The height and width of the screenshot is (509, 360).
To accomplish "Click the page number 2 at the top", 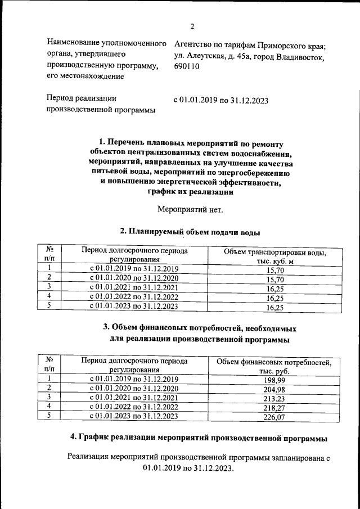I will (x=192, y=26).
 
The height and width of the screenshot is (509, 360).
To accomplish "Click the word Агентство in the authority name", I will (x=197, y=44).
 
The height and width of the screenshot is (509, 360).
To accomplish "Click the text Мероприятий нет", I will (x=190, y=210).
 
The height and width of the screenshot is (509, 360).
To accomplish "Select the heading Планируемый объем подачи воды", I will (x=190, y=232).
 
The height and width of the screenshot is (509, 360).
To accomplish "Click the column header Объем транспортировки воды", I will (x=275, y=256).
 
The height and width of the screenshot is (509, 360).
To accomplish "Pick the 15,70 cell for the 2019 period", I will (x=275, y=270).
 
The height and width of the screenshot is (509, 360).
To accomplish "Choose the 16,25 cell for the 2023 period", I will (x=275, y=308).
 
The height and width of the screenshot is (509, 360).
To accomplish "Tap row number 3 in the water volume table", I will (x=49, y=288).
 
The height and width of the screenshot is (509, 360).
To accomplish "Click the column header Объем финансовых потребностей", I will (x=274, y=367).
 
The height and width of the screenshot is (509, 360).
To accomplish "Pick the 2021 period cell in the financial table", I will (x=134, y=398).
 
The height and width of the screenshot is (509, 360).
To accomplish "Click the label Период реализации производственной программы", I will (x=101, y=104).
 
